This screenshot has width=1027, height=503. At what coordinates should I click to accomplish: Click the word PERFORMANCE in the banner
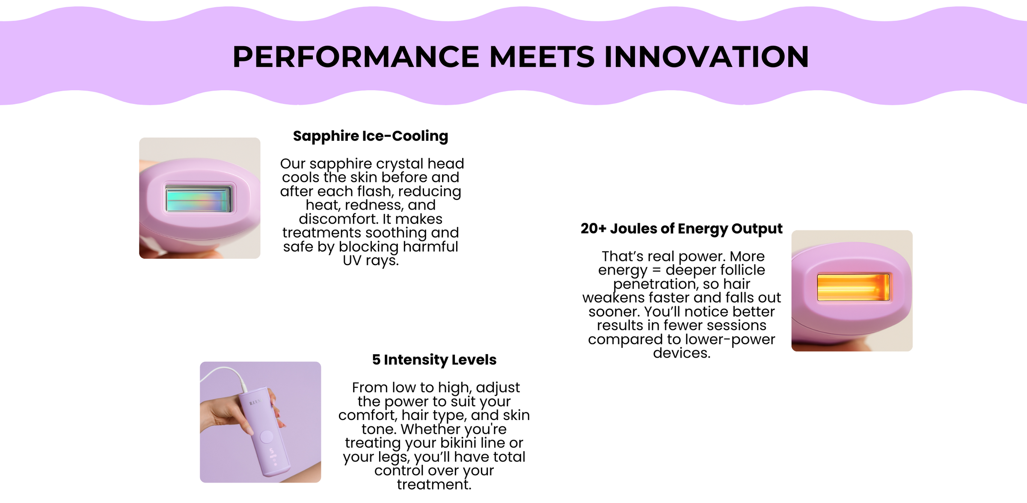click(x=356, y=57)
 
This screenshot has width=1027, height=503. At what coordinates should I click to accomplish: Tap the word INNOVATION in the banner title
click(x=706, y=57)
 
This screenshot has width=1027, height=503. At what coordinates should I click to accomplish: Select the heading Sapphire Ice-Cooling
click(x=371, y=136)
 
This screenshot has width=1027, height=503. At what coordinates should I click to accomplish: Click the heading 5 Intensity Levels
click(x=434, y=360)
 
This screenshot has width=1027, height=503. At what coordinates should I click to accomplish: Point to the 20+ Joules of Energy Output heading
click(x=682, y=229)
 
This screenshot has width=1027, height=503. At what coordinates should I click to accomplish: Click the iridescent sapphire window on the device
click(x=199, y=199)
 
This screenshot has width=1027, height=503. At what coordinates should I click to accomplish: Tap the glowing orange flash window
click(x=853, y=287)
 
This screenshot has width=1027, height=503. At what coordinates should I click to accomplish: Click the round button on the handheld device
click(x=267, y=437)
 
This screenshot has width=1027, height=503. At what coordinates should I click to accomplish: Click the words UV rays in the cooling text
click(x=371, y=260)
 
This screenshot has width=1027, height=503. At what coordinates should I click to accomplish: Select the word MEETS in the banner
click(x=542, y=57)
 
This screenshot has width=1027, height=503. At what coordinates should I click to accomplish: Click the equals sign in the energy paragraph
click(x=657, y=270)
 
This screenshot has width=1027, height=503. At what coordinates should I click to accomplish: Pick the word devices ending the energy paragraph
click(x=682, y=353)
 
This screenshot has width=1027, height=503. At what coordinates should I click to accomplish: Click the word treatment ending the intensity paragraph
click(x=434, y=485)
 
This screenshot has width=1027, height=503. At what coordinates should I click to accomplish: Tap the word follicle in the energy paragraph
click(x=737, y=270)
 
